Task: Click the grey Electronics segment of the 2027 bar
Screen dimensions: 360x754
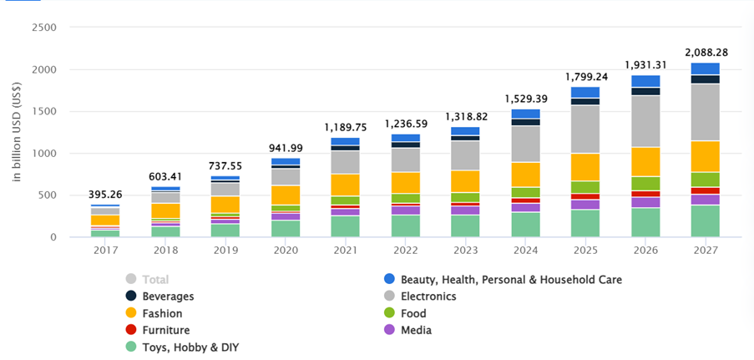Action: (705, 113)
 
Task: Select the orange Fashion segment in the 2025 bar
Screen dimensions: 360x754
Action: (584, 167)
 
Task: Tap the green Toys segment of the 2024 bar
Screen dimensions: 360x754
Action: (525, 224)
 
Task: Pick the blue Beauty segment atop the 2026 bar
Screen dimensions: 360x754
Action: (645, 81)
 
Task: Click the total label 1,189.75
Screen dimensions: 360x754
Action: (345, 127)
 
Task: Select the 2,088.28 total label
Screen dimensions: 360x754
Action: (705, 52)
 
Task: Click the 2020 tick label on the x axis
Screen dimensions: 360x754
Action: (285, 249)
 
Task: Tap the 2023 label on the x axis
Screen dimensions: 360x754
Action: (465, 249)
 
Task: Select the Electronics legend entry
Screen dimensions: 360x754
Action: (428, 297)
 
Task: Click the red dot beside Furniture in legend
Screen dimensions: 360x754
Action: (131, 330)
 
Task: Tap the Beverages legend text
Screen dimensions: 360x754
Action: (168, 297)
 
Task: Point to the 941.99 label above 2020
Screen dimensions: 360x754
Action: (285, 148)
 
